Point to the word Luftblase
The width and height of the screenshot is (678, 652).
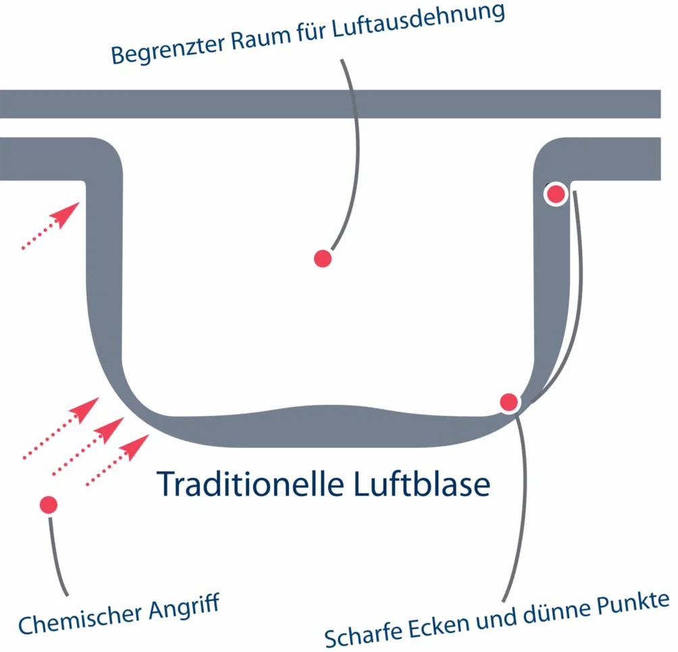coord(422,484)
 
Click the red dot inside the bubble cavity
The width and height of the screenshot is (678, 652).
coord(323,259)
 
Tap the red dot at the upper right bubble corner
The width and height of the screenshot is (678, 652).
coord(556,194)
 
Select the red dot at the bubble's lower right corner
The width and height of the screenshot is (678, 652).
coord(509,402)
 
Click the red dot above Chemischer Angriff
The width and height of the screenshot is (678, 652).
coord(49,505)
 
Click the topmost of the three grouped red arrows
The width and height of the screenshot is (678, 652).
coord(61,428)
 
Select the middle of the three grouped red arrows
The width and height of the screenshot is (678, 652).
coord(88,446)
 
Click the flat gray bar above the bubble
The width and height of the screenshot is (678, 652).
coord(330,104)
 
